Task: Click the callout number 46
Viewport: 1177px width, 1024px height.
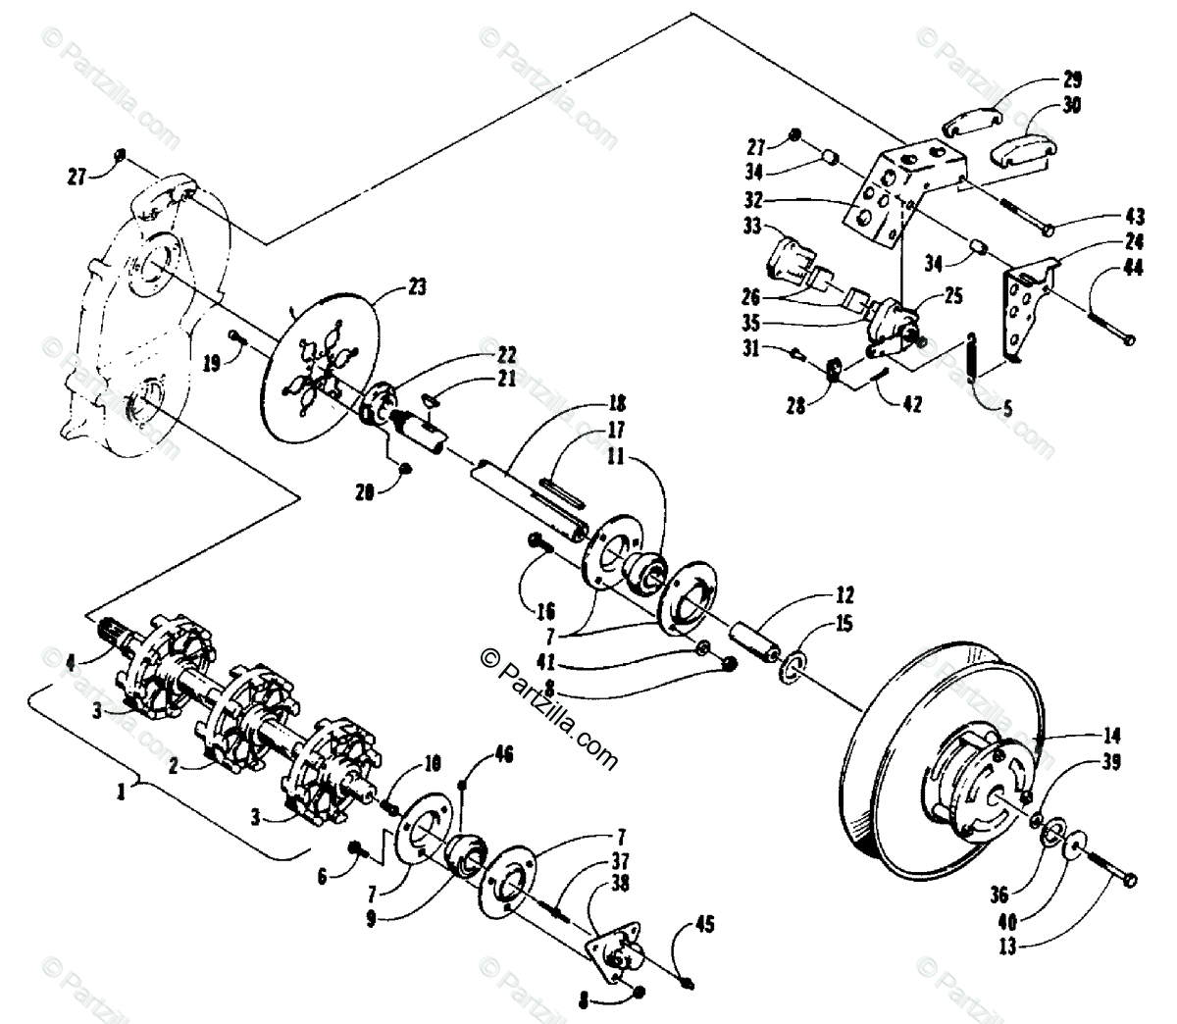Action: pyautogui.click(x=503, y=753)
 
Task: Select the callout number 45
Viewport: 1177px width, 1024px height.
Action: pyautogui.click(x=704, y=924)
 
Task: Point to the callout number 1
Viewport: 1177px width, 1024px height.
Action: pyautogui.click(x=121, y=792)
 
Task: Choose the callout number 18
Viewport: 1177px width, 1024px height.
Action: pyautogui.click(x=615, y=403)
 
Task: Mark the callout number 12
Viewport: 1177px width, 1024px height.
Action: pyautogui.click(x=844, y=594)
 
